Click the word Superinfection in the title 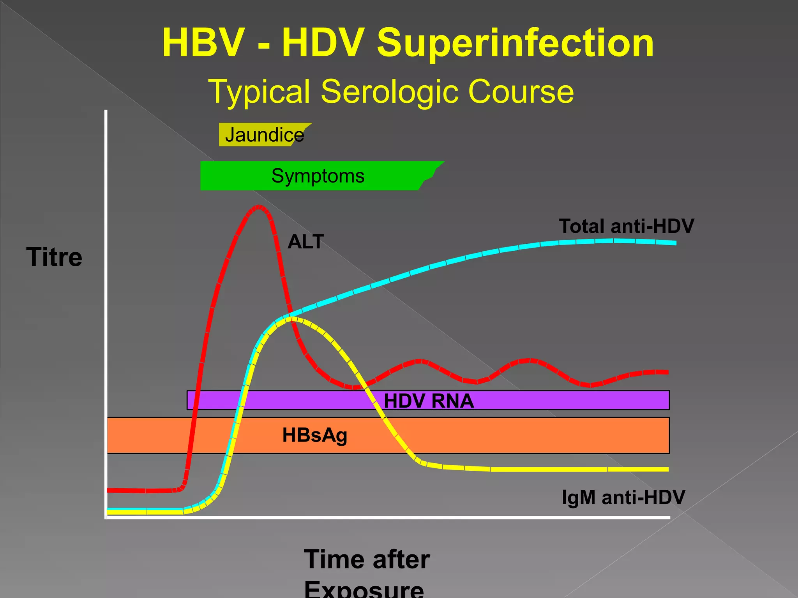pyautogui.click(x=515, y=43)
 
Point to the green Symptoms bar pyautogui.click(x=318, y=176)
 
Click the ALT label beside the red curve pyautogui.click(x=305, y=242)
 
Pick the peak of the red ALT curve pyautogui.click(x=258, y=206)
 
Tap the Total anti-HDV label pyautogui.click(x=626, y=226)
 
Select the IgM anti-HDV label pyautogui.click(x=623, y=497)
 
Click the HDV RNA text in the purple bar pyautogui.click(x=429, y=401)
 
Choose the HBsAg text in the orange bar pyautogui.click(x=314, y=435)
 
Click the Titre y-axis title pyautogui.click(x=54, y=257)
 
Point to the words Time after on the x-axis pyautogui.click(x=367, y=559)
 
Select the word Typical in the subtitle pyautogui.click(x=259, y=92)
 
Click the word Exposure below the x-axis pyautogui.click(x=364, y=590)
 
